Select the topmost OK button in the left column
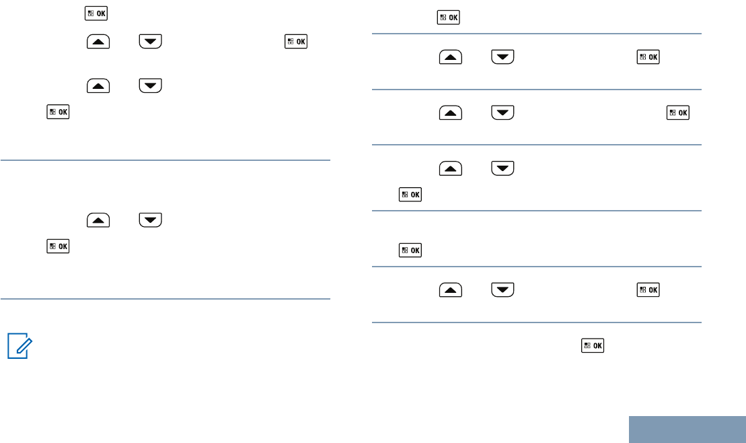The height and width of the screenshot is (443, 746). [98, 13]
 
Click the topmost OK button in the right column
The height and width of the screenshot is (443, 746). [449, 18]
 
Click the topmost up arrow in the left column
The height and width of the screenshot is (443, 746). [97, 42]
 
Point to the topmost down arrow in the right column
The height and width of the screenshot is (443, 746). [502, 57]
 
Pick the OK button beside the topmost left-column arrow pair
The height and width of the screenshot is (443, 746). [296, 42]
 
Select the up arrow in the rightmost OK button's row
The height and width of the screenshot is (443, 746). [450, 112]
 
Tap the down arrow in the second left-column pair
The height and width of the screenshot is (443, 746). [150, 86]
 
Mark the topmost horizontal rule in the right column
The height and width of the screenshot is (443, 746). [537, 34]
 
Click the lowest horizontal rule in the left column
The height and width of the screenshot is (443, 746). [165, 298]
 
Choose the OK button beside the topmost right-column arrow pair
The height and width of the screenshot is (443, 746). [648, 57]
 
